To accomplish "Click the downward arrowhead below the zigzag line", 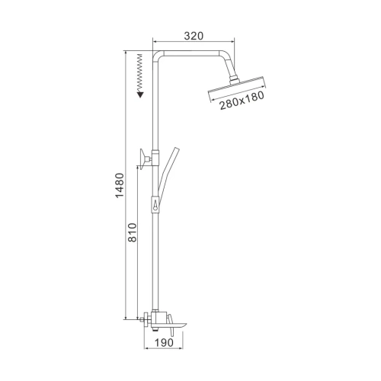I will (139, 92).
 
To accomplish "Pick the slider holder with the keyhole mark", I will (155, 204).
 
